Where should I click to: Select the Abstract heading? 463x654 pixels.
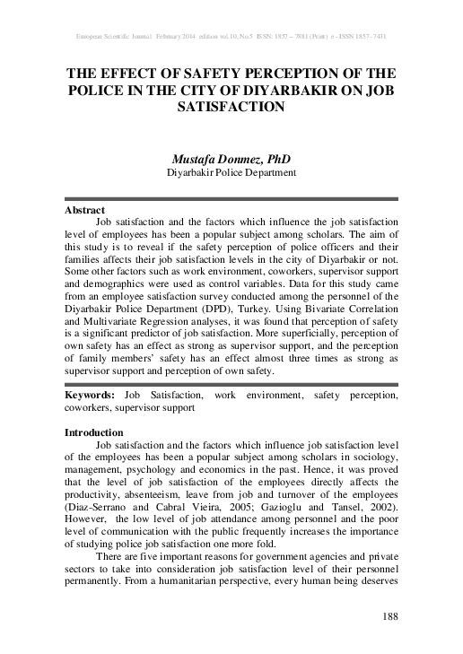84,209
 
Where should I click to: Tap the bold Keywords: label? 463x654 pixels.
92,396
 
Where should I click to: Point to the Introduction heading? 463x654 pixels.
92,432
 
